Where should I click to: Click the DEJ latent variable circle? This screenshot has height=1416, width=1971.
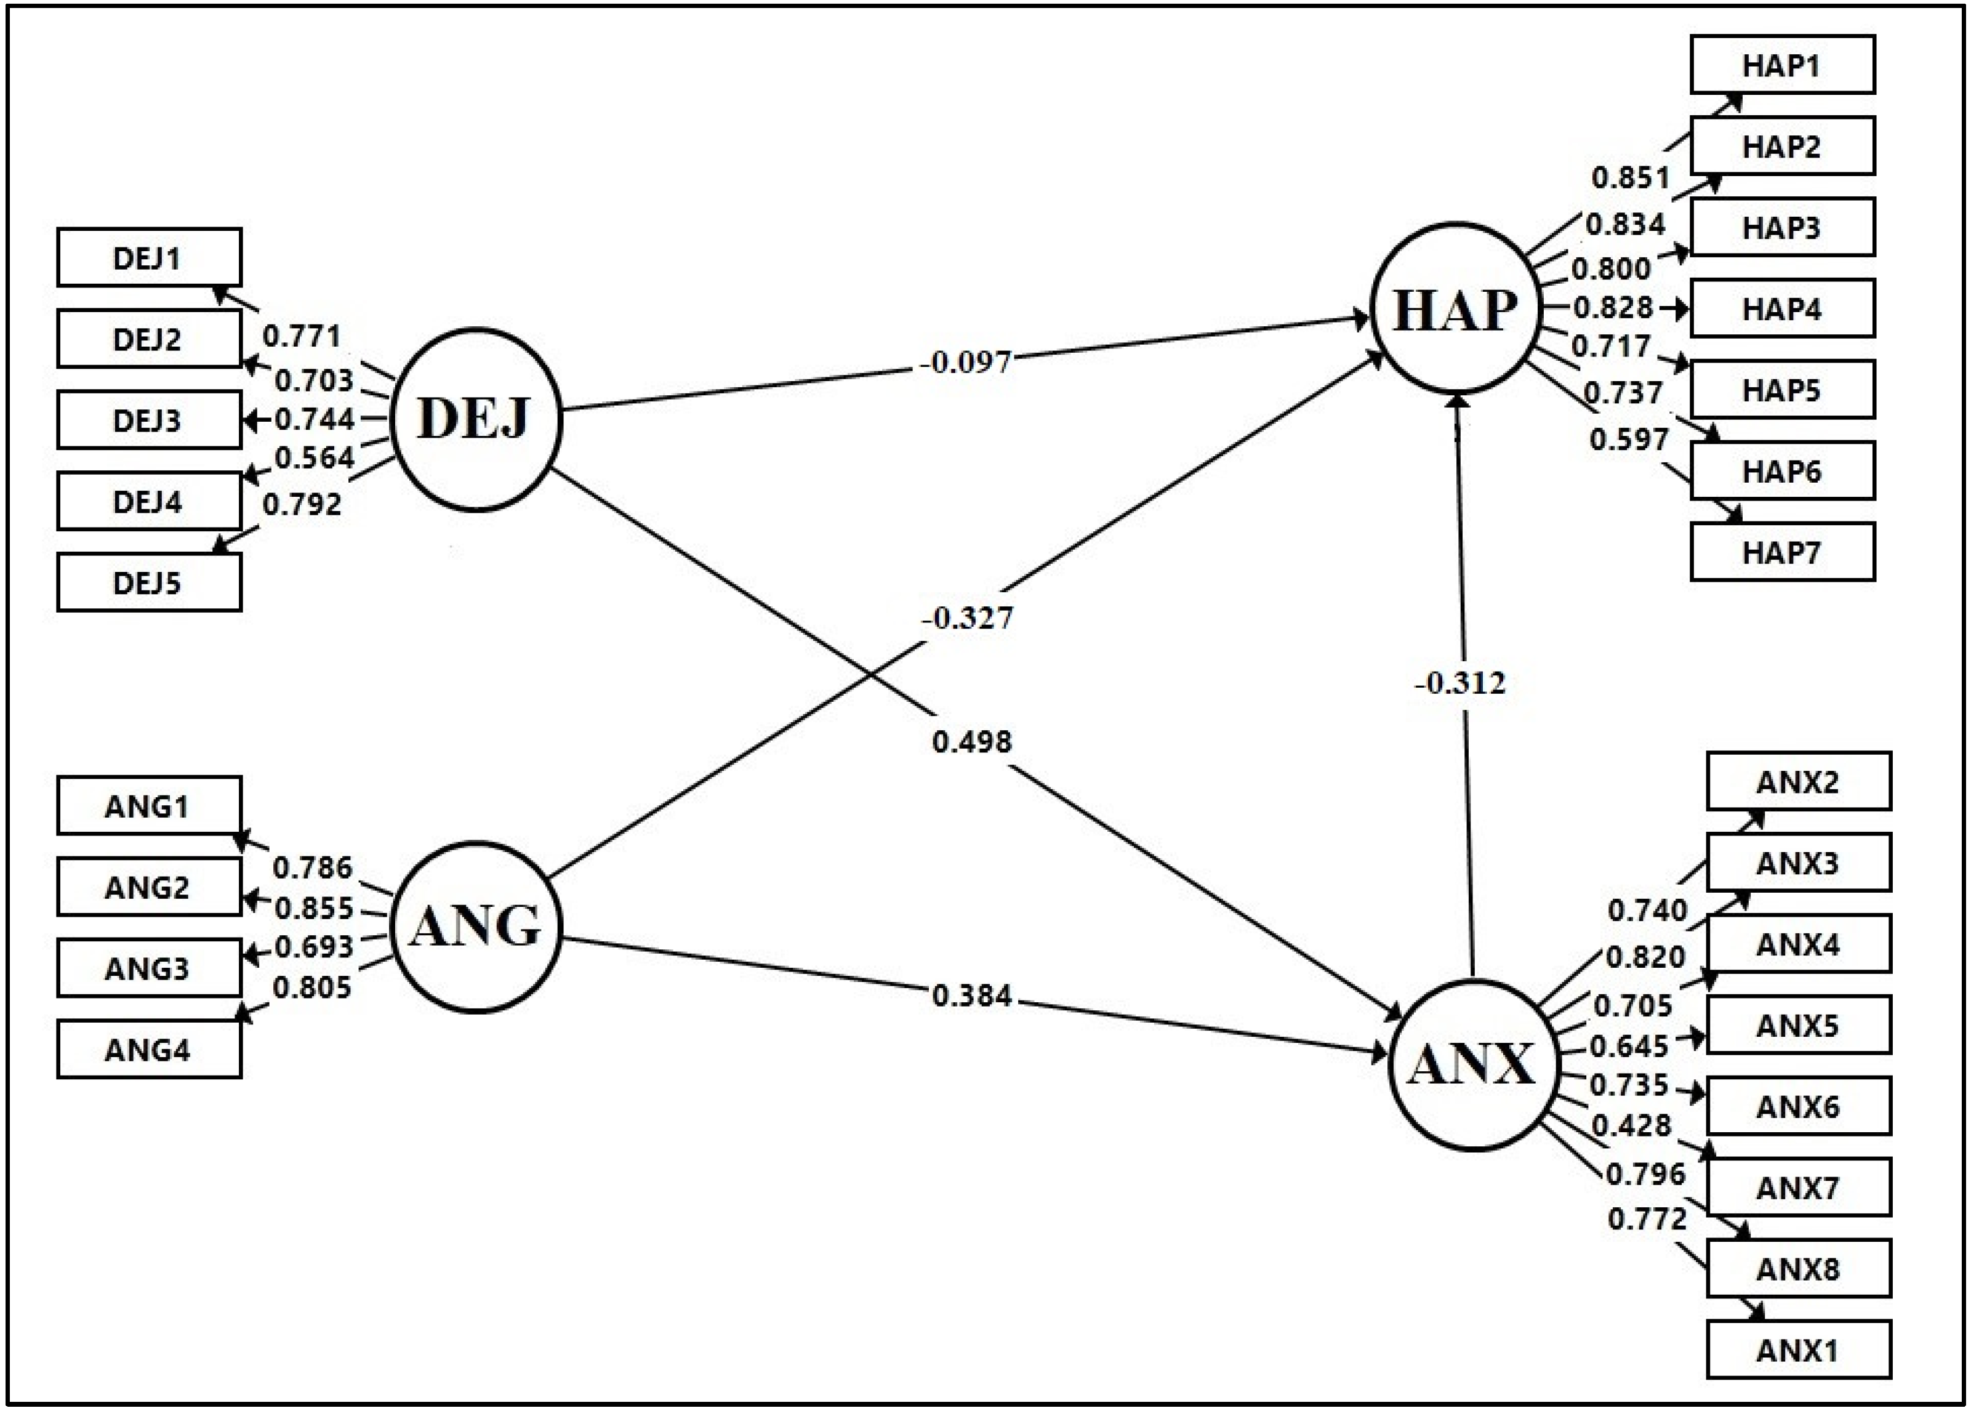click(475, 419)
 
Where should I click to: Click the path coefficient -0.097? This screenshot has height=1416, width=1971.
click(966, 361)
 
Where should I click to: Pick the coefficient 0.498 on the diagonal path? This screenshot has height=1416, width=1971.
click(971, 741)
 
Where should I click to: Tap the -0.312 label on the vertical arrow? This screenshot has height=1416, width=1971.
click(1460, 683)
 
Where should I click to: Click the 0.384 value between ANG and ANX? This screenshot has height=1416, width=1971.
click(971, 996)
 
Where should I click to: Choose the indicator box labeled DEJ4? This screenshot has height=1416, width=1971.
click(148, 502)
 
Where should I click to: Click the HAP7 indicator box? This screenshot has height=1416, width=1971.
click(1781, 552)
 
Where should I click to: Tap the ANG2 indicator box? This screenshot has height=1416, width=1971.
click(148, 887)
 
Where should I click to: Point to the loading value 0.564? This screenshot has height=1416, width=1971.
click(315, 457)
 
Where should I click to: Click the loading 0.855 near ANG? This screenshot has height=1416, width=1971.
click(314, 908)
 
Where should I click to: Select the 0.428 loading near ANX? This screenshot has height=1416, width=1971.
click(1631, 1125)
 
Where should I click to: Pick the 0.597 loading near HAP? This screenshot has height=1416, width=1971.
click(1629, 439)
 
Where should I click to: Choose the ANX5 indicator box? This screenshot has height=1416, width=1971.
click(1797, 1026)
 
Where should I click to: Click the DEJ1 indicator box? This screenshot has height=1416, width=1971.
click(148, 258)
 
